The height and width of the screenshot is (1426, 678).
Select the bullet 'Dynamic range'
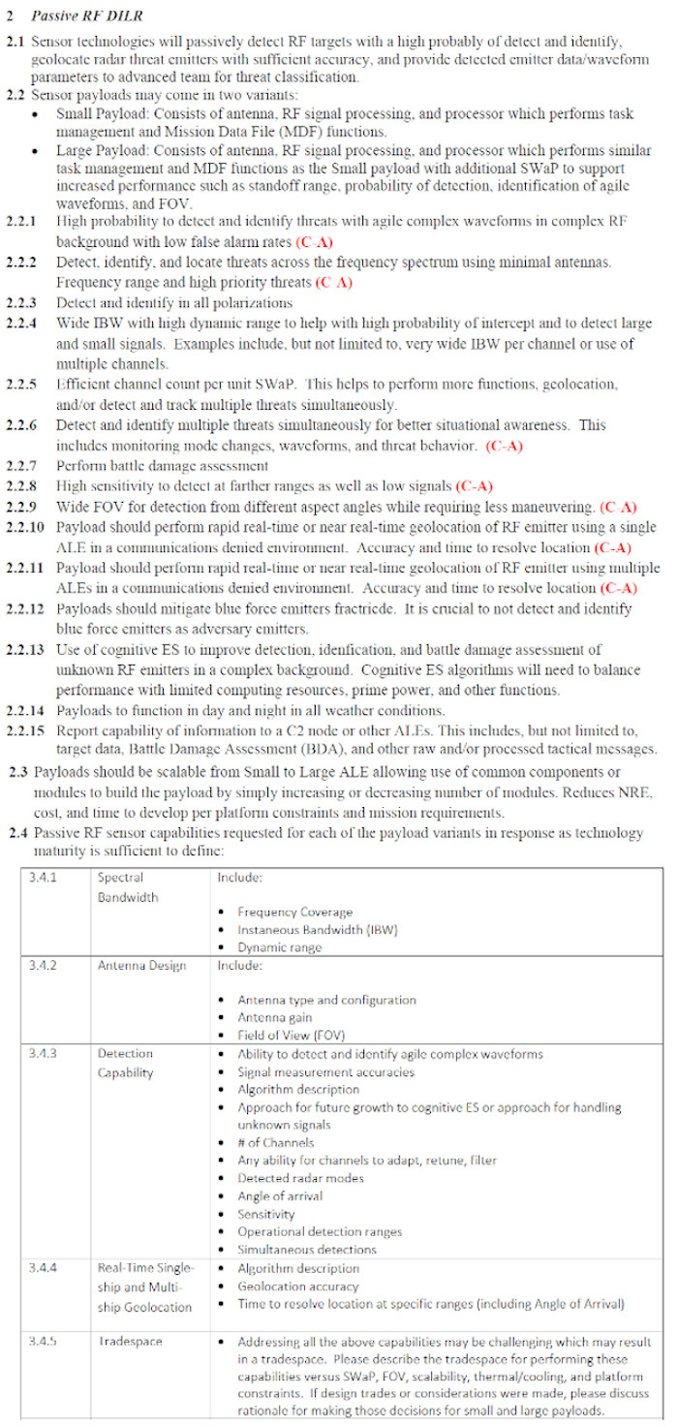click(x=280, y=947)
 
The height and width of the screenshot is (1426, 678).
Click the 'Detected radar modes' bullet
click(x=301, y=1178)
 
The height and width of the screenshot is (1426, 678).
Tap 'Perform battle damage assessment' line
click(x=162, y=466)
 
